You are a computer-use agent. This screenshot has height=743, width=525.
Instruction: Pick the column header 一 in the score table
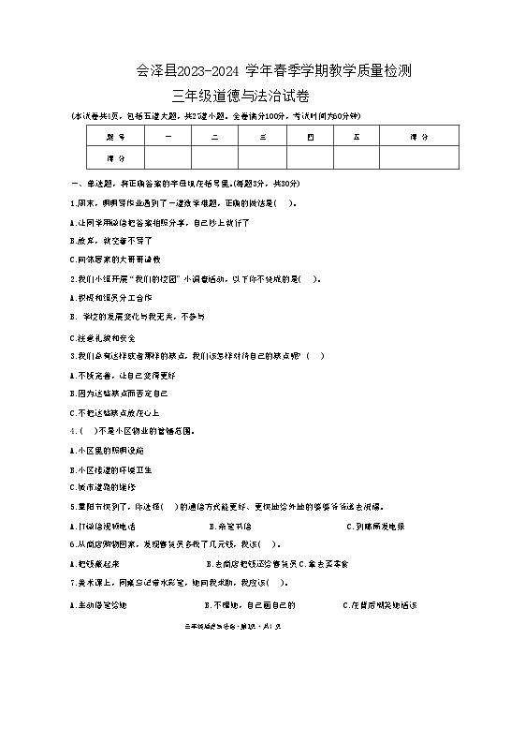coord(168,137)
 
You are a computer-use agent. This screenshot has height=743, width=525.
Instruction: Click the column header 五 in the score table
coord(357,137)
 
